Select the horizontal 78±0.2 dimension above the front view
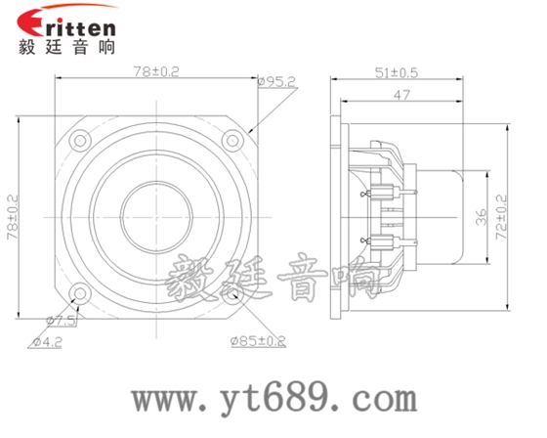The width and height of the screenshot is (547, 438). click(156, 71)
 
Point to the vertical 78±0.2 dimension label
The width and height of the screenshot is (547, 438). click(13, 217)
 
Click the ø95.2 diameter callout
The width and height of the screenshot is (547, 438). click(276, 84)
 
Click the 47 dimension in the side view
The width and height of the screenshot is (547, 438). click(400, 95)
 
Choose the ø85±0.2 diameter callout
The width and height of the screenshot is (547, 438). click(258, 341)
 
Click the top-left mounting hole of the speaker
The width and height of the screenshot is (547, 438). click(80, 140)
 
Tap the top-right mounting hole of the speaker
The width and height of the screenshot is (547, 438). click(231, 140)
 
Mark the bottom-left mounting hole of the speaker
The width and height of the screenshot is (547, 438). click(80, 291)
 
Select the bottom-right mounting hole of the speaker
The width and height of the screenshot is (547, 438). click(231, 291)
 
